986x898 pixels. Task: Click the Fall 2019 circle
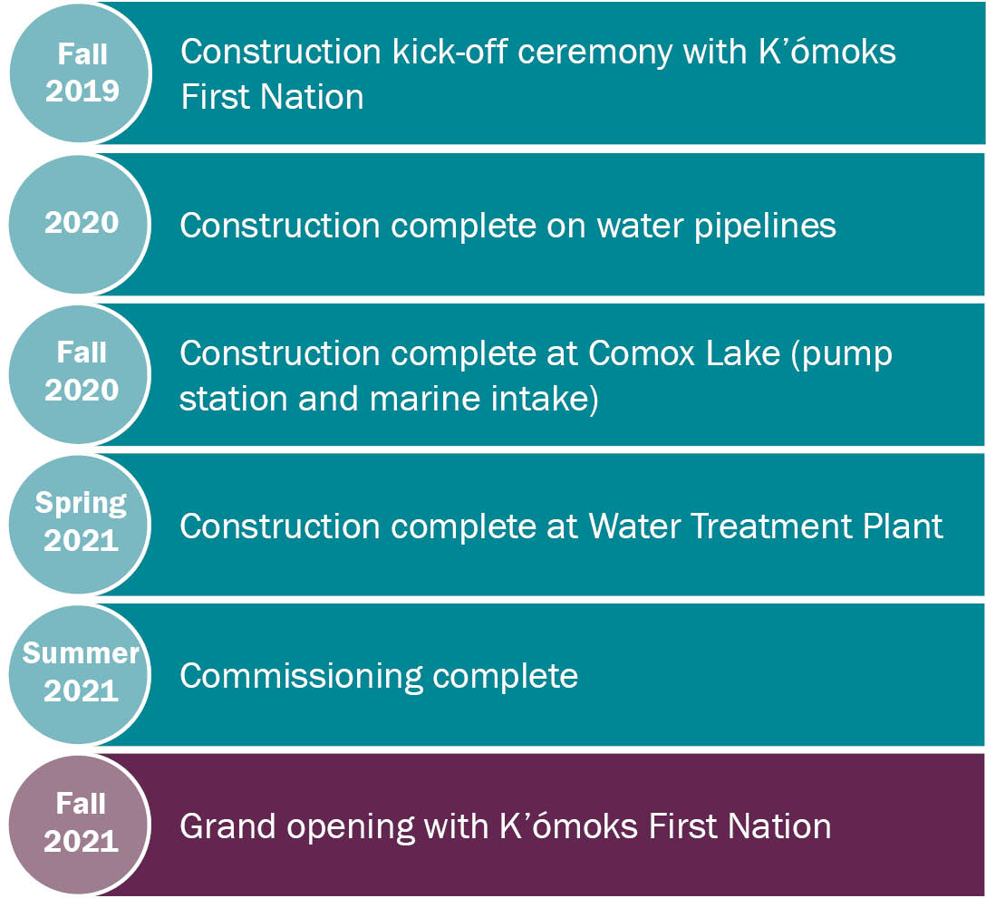(x=81, y=73)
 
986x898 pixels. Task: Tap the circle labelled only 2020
(x=80, y=224)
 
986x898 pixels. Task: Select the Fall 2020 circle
(x=80, y=374)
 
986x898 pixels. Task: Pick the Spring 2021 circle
(x=80, y=525)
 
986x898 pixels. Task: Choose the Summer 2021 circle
(x=80, y=675)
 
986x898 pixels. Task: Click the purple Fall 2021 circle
(x=80, y=825)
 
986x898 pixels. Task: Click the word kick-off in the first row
(x=449, y=51)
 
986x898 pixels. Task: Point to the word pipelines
(x=765, y=227)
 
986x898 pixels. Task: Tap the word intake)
(x=545, y=400)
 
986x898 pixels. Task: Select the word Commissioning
(x=301, y=677)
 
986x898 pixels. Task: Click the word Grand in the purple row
(x=227, y=826)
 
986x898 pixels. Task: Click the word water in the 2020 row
(x=640, y=226)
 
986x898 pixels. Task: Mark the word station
(x=233, y=399)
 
